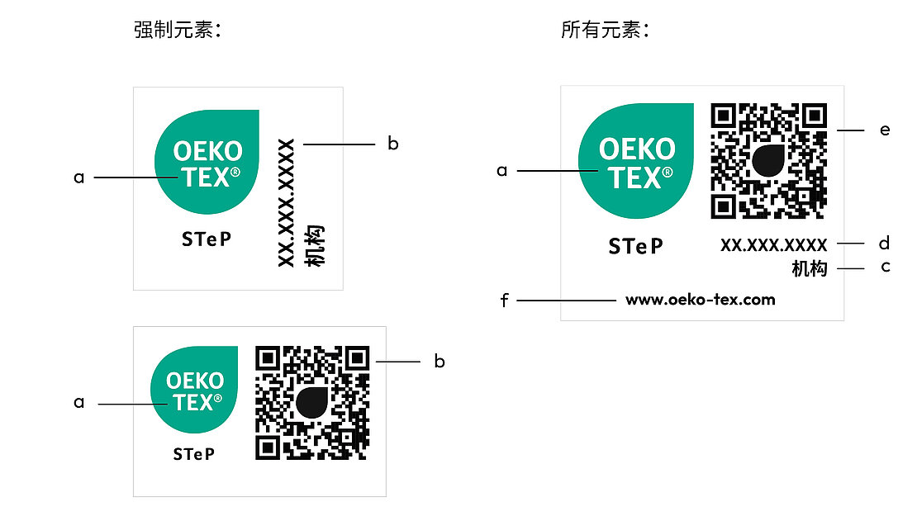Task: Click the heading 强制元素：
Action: click(x=179, y=31)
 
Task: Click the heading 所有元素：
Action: click(x=606, y=31)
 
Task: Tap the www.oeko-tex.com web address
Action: click(x=701, y=300)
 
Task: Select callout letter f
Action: click(x=505, y=301)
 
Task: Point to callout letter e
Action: click(x=885, y=130)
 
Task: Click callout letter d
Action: click(x=884, y=244)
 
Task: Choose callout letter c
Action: click(x=884, y=267)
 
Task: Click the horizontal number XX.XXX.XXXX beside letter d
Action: click(x=773, y=245)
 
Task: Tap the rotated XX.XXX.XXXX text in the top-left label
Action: click(x=287, y=202)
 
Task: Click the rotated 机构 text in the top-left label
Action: click(x=314, y=245)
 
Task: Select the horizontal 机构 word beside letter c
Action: click(x=809, y=269)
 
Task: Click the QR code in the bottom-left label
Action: click(x=312, y=402)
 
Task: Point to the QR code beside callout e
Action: click(x=769, y=161)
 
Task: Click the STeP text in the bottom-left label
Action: click(x=194, y=454)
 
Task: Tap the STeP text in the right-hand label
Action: click(x=636, y=246)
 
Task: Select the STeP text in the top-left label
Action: click(x=207, y=239)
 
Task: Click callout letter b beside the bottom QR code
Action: click(x=439, y=362)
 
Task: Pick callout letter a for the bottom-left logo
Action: click(x=79, y=403)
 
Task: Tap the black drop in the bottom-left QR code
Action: click(x=312, y=402)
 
